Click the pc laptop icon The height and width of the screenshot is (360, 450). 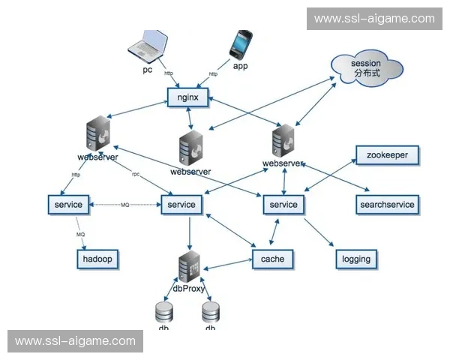(x=147, y=47)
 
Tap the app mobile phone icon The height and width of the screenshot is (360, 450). (x=241, y=46)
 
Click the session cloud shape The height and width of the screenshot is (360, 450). (x=365, y=68)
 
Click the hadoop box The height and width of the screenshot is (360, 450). (x=98, y=259)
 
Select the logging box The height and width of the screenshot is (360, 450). (x=355, y=259)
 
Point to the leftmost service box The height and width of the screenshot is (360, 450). (x=68, y=204)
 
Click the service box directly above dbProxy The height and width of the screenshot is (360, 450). (x=181, y=204)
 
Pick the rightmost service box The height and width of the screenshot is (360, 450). (x=283, y=204)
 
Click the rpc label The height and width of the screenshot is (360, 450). (x=136, y=174)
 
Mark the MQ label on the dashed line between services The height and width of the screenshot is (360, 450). (x=124, y=204)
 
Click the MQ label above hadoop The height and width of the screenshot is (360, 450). (x=80, y=235)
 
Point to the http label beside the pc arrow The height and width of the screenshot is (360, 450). (x=169, y=73)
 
